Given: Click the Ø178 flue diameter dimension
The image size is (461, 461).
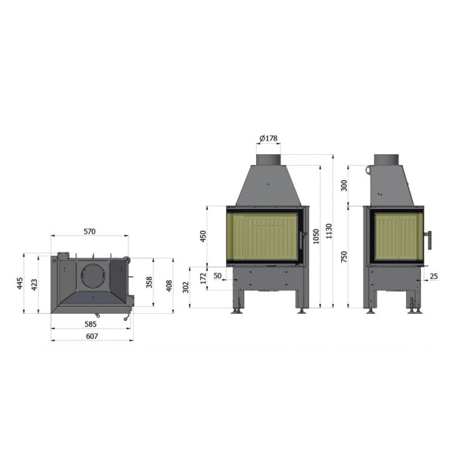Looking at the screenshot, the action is tap(269, 138).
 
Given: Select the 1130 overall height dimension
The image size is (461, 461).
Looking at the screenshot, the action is tap(329, 231).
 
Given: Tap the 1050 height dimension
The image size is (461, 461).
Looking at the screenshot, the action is tap(316, 236).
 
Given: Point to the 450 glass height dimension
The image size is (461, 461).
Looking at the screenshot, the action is tap(203, 236).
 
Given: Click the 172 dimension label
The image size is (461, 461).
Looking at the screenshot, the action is tap(203, 278).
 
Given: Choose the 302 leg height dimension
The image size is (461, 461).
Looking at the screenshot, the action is tap(186, 287).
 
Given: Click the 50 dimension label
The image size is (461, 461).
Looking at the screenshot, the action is tap(218, 276).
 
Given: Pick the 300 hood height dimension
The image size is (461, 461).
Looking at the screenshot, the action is tap(344, 185).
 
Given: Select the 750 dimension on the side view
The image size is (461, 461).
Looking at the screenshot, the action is tap(344, 257).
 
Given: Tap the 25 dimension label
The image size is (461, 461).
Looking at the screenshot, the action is tap(434, 276).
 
